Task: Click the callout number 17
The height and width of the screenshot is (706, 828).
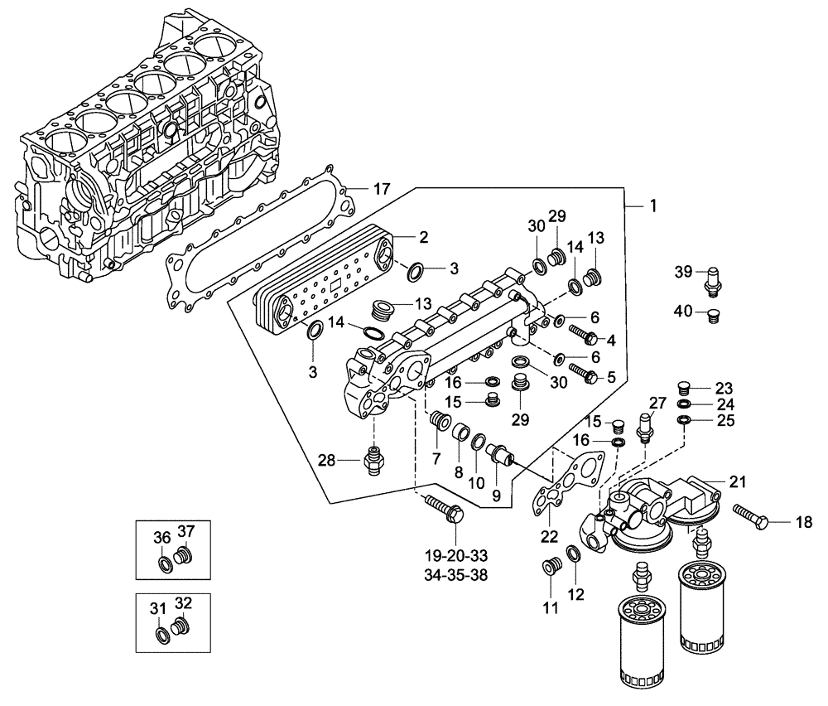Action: [x=381, y=189]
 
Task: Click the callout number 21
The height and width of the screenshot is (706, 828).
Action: [x=737, y=481]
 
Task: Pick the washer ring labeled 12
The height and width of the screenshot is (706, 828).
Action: [x=573, y=554]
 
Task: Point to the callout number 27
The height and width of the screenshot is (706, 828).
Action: [x=657, y=403]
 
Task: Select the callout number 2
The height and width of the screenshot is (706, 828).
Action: [x=422, y=238]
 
